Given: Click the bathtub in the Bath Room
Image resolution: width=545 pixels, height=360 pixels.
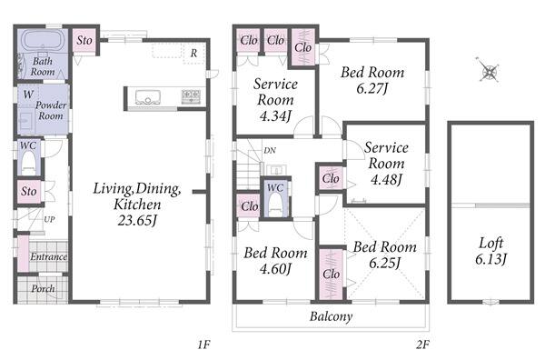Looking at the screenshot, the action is point(43,42).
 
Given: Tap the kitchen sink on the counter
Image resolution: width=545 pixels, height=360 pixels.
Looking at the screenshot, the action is point(148,97).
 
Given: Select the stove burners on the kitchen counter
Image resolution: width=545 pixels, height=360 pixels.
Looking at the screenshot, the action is point(191,96).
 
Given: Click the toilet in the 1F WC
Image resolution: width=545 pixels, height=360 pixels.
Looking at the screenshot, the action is point(28,164).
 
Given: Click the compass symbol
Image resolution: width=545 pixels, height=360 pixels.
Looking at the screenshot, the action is point(489,71).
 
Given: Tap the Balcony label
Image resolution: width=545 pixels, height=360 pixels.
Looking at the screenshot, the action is point(331,316).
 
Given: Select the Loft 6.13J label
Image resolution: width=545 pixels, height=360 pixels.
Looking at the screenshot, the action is point(490,251).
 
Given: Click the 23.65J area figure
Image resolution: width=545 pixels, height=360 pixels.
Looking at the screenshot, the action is point(137,221).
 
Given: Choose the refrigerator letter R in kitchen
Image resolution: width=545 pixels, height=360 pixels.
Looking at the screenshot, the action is point(193,54).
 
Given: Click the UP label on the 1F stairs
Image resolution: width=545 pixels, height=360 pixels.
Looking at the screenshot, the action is point(49,219).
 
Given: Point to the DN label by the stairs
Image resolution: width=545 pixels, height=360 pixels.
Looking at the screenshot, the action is point(270,150).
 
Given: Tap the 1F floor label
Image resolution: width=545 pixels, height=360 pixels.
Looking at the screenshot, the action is point(204,345).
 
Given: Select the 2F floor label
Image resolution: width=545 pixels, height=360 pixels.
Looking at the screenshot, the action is point(422,345).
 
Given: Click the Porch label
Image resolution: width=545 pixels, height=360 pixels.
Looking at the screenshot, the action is point(43,289).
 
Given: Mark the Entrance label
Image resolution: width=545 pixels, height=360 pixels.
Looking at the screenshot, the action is point(48,256).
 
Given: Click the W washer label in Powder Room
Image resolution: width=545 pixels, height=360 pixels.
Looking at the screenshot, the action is point(28,95).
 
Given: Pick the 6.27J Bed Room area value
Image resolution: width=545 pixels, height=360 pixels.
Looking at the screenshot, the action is point(372,88).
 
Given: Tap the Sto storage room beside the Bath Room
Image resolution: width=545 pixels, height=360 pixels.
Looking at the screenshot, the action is point(84,41).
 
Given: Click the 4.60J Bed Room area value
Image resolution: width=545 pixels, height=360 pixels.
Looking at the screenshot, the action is point(275,269).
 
